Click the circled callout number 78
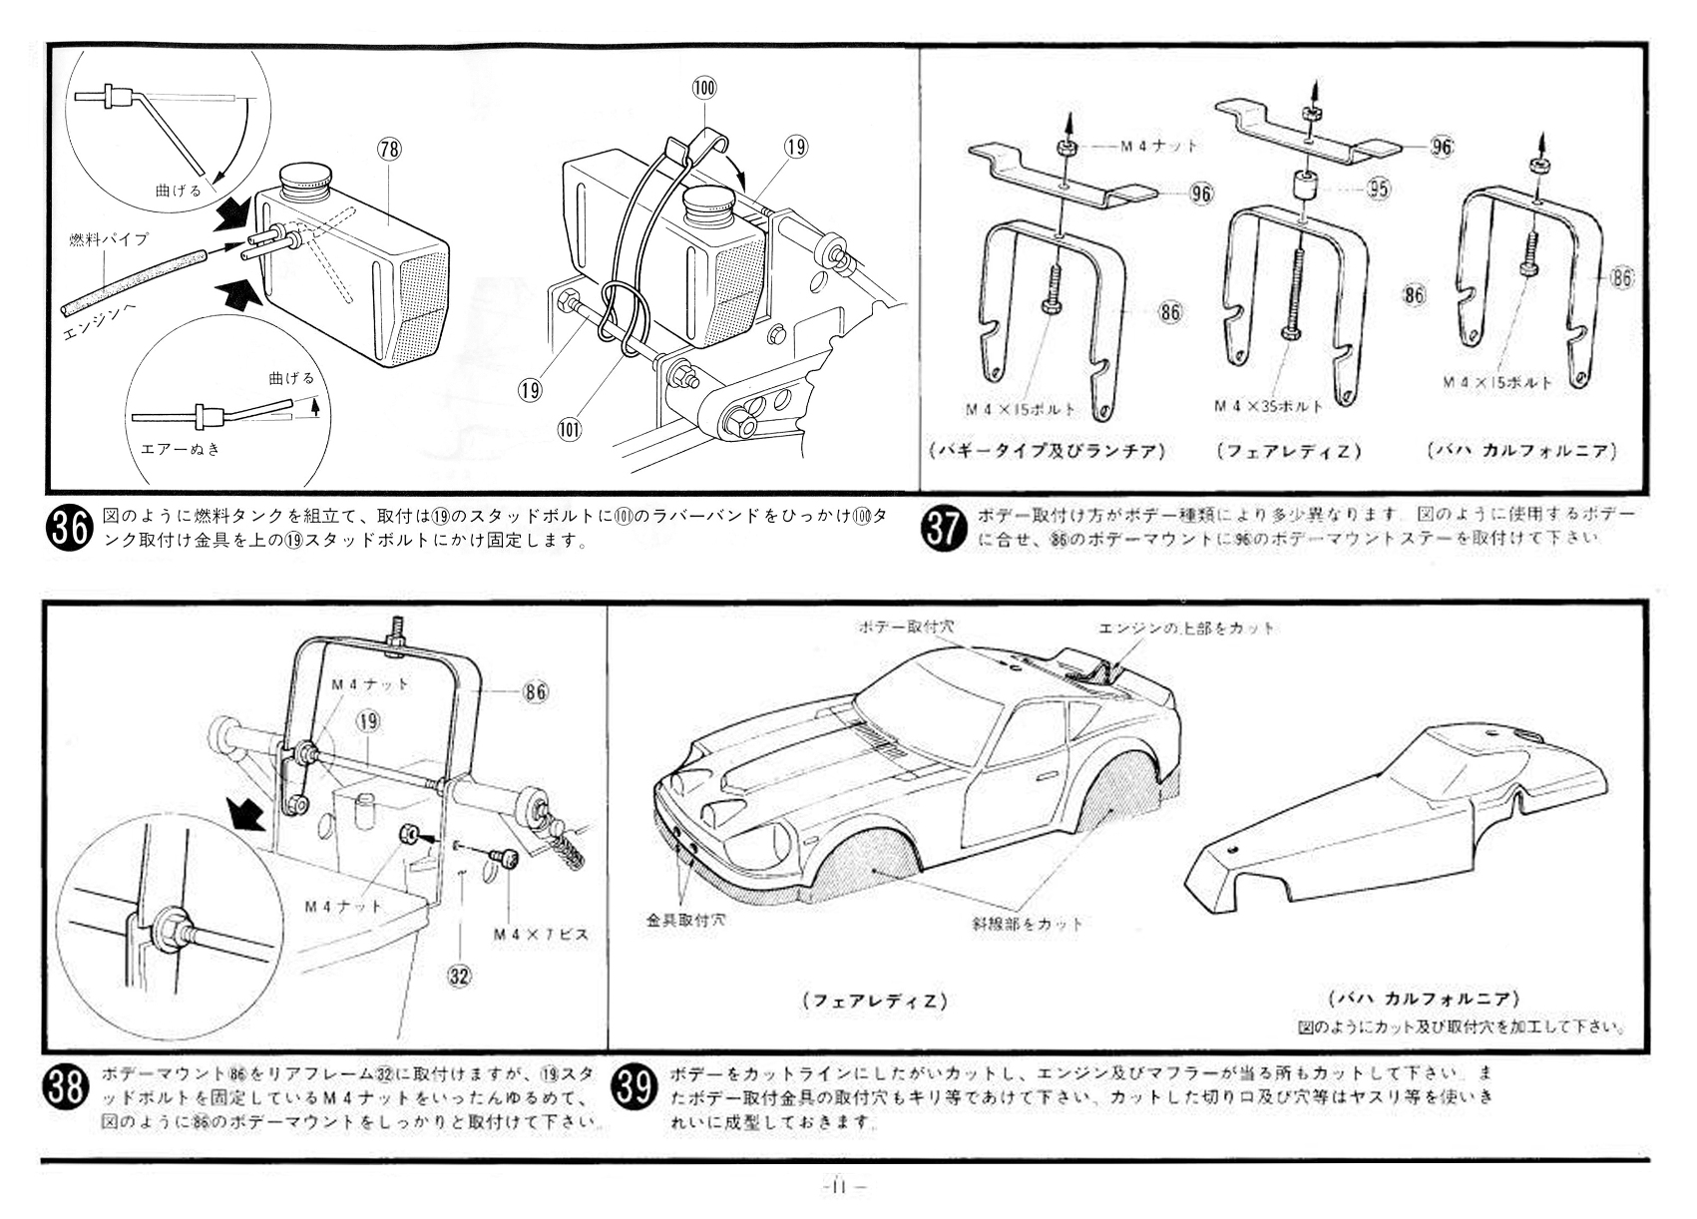point(388,150)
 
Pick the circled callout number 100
point(703,88)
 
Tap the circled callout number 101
point(570,429)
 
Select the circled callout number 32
point(459,977)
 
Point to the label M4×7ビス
point(541,935)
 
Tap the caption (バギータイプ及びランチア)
point(1047,451)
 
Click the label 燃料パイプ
point(109,239)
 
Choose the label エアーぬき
point(181,448)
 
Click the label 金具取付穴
point(685,920)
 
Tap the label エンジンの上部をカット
point(1186,628)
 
